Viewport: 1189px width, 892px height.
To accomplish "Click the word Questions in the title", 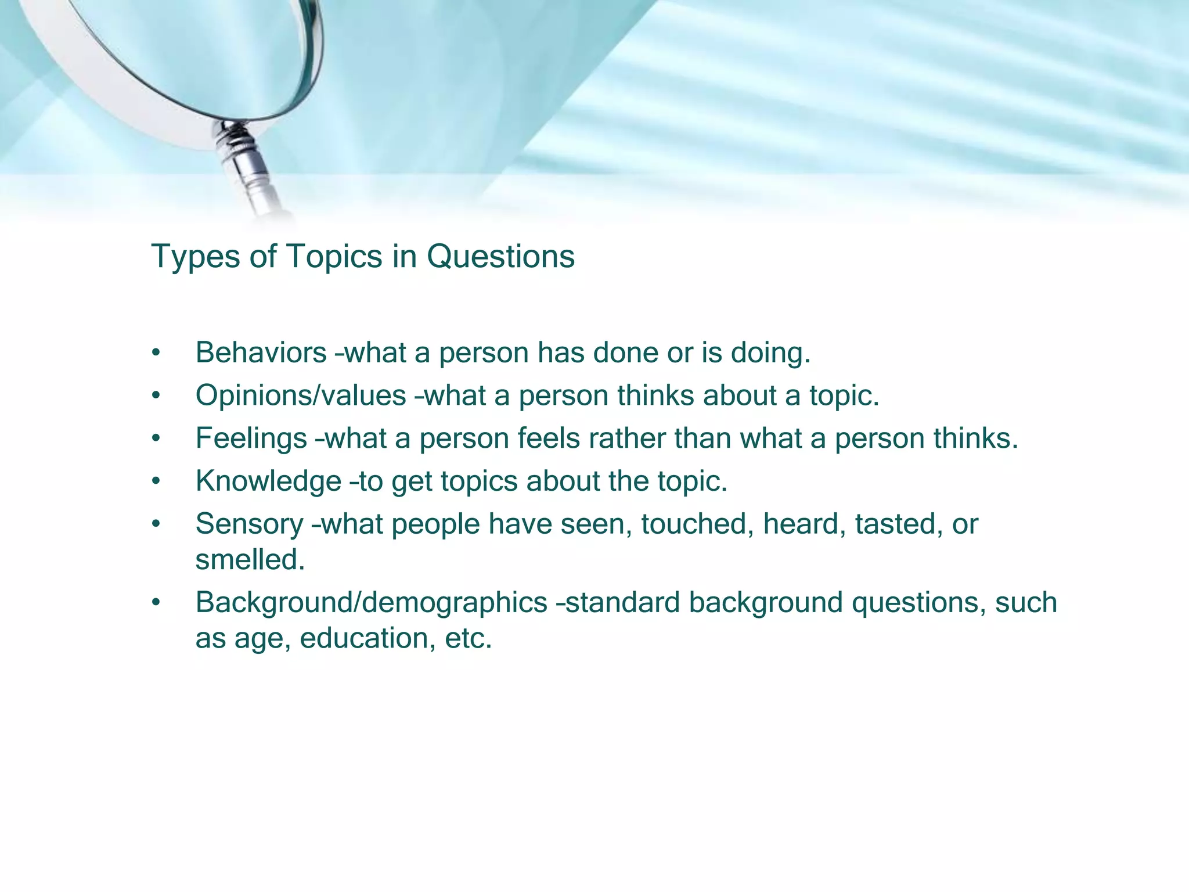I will coord(500,257).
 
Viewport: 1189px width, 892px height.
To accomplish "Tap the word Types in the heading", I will coord(195,257).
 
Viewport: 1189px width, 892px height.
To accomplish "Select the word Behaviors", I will coord(261,353).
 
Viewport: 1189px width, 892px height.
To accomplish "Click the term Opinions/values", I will coord(301,395).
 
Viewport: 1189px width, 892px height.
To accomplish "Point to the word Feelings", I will coord(251,438).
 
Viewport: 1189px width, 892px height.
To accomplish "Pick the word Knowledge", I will coord(268,481).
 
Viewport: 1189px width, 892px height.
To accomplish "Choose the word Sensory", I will coord(249,524).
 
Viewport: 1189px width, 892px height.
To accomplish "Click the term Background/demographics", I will coord(371,602).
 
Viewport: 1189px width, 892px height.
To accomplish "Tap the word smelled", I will coord(250,560).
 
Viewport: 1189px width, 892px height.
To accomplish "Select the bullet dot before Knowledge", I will coord(155,482).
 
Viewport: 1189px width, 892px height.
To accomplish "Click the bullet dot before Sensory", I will coord(155,524).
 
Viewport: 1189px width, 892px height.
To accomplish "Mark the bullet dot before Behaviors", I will coord(155,353).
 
